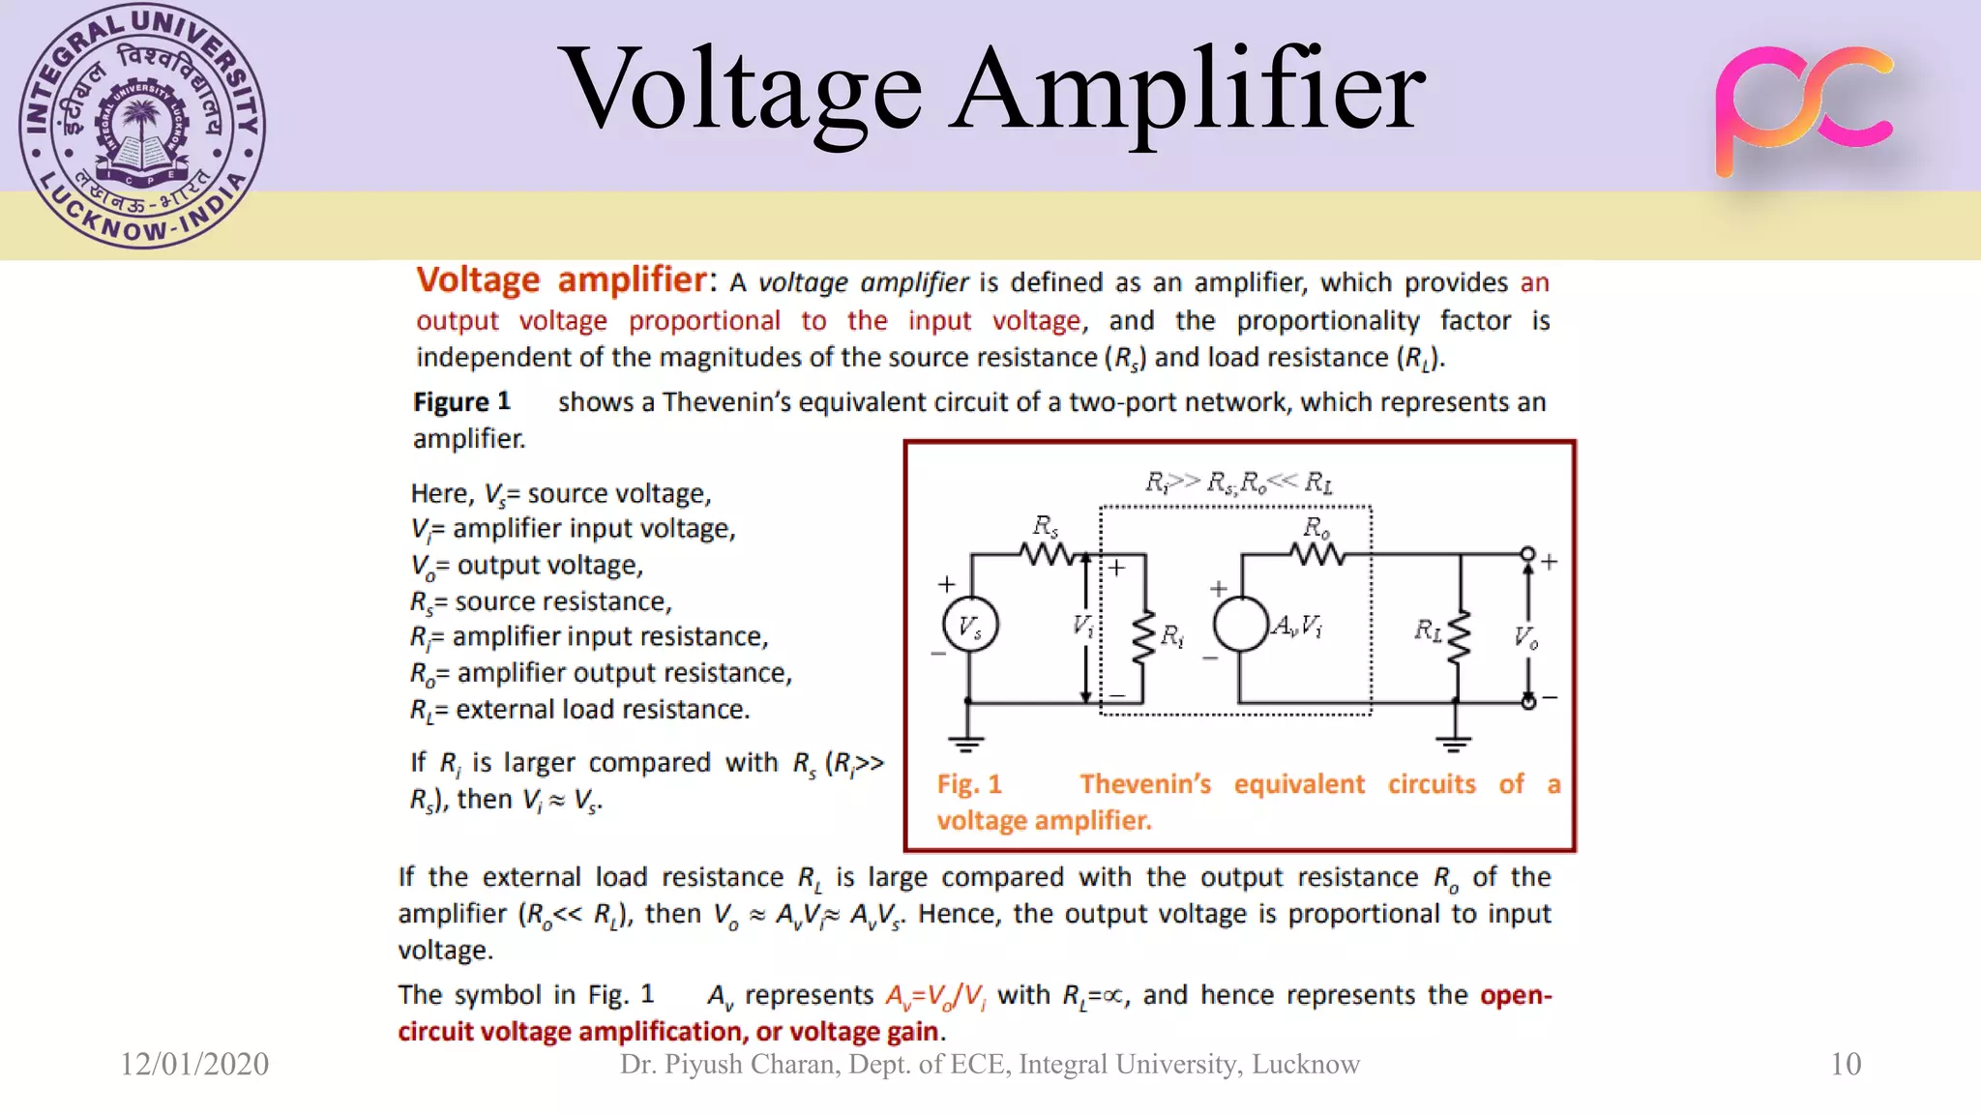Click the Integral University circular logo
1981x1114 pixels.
tap(142, 127)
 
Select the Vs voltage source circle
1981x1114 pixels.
tap(970, 626)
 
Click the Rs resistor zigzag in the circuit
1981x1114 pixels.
tap(1047, 554)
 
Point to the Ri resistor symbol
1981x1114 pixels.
tap(1144, 636)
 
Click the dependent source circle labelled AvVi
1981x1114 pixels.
tap(1241, 624)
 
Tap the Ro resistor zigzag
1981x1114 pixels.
tap(1316, 554)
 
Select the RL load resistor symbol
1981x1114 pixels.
tap(1459, 636)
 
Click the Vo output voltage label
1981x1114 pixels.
tap(1526, 636)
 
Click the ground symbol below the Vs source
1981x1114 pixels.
tap(966, 743)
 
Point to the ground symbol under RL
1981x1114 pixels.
tap(1454, 743)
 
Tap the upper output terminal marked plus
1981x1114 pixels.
tap(1528, 554)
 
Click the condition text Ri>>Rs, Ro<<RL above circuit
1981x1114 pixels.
tap(1238, 482)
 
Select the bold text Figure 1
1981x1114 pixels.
tap(461, 401)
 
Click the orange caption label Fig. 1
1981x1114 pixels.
tap(969, 784)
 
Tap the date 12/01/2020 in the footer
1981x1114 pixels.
tap(194, 1064)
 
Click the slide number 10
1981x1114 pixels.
tap(1846, 1064)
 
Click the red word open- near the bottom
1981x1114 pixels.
tap(1516, 994)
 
